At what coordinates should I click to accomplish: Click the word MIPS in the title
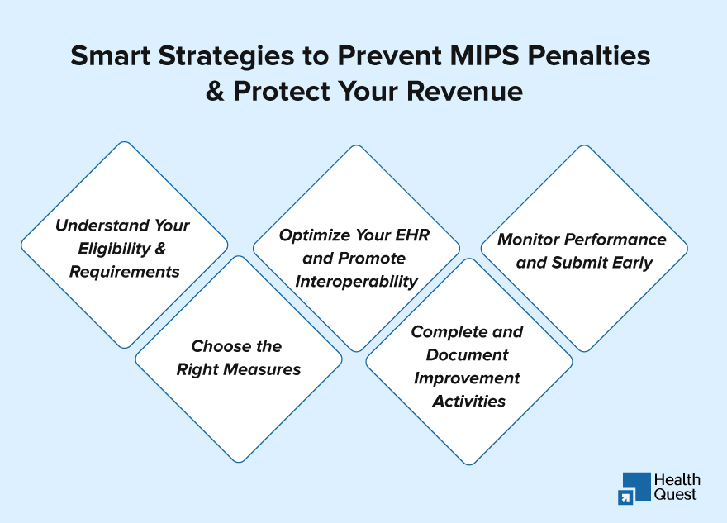(x=484, y=55)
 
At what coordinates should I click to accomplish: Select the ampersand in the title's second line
(x=215, y=91)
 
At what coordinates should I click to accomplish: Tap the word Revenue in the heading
(x=464, y=91)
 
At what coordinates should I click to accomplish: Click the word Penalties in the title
(x=589, y=55)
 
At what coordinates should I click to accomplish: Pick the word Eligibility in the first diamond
(x=114, y=249)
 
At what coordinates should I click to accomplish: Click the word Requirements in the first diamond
(x=124, y=272)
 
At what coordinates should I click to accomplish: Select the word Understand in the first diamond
(x=102, y=226)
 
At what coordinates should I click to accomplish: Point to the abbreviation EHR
(x=412, y=235)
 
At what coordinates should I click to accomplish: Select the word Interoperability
(x=357, y=282)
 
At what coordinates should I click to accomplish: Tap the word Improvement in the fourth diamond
(x=467, y=378)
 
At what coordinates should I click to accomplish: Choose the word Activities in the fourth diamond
(x=468, y=401)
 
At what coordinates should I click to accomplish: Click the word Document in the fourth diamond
(x=467, y=355)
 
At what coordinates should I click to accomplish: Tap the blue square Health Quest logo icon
(x=634, y=488)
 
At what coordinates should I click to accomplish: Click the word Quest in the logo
(x=675, y=495)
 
